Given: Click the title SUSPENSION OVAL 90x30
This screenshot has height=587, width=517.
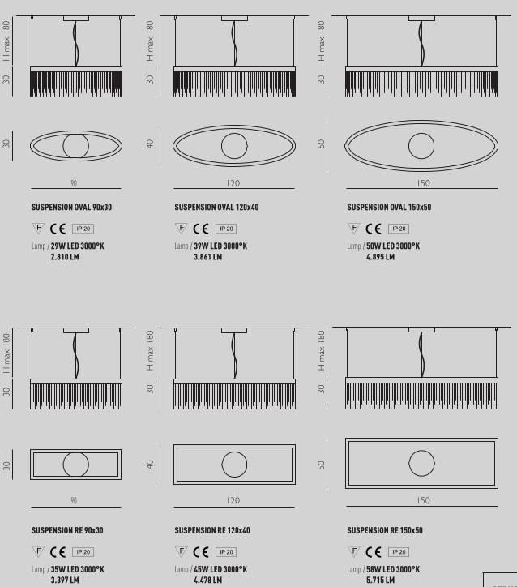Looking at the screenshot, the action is coord(71,207).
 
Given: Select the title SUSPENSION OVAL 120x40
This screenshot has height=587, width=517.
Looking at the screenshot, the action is coord(216,207).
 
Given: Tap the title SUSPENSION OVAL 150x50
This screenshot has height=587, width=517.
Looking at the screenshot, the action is coord(389,207).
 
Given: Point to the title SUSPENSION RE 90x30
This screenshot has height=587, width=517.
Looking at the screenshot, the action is coord(67,530).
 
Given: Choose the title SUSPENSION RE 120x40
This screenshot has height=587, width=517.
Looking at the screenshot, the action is coord(212,530).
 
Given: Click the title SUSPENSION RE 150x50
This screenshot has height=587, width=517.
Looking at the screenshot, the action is coord(385,530).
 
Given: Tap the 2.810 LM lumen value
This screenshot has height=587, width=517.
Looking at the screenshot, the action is coord(65,257).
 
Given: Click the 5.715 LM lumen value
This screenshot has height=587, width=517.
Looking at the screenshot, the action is coord(380,580).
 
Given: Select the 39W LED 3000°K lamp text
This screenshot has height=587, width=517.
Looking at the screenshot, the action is coord(220,246).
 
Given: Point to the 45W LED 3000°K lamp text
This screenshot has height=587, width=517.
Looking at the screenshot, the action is coord(220,569).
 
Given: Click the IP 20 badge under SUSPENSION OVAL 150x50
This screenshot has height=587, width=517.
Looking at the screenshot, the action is coord(399,229).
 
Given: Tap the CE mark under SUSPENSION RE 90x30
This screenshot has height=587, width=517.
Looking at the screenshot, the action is coord(58,552).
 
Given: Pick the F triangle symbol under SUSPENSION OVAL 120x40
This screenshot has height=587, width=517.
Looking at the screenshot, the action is coord(181,228).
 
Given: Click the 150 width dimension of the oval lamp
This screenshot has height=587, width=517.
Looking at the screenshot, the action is coord(424,183).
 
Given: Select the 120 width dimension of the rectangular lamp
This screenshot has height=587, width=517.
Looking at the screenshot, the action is coord(233,500).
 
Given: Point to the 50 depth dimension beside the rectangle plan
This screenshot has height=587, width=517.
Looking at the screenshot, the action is coord(321,465).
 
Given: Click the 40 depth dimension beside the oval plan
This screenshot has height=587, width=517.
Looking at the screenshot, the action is coord(150,144).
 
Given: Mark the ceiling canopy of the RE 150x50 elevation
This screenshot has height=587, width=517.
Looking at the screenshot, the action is coord(421,330).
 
